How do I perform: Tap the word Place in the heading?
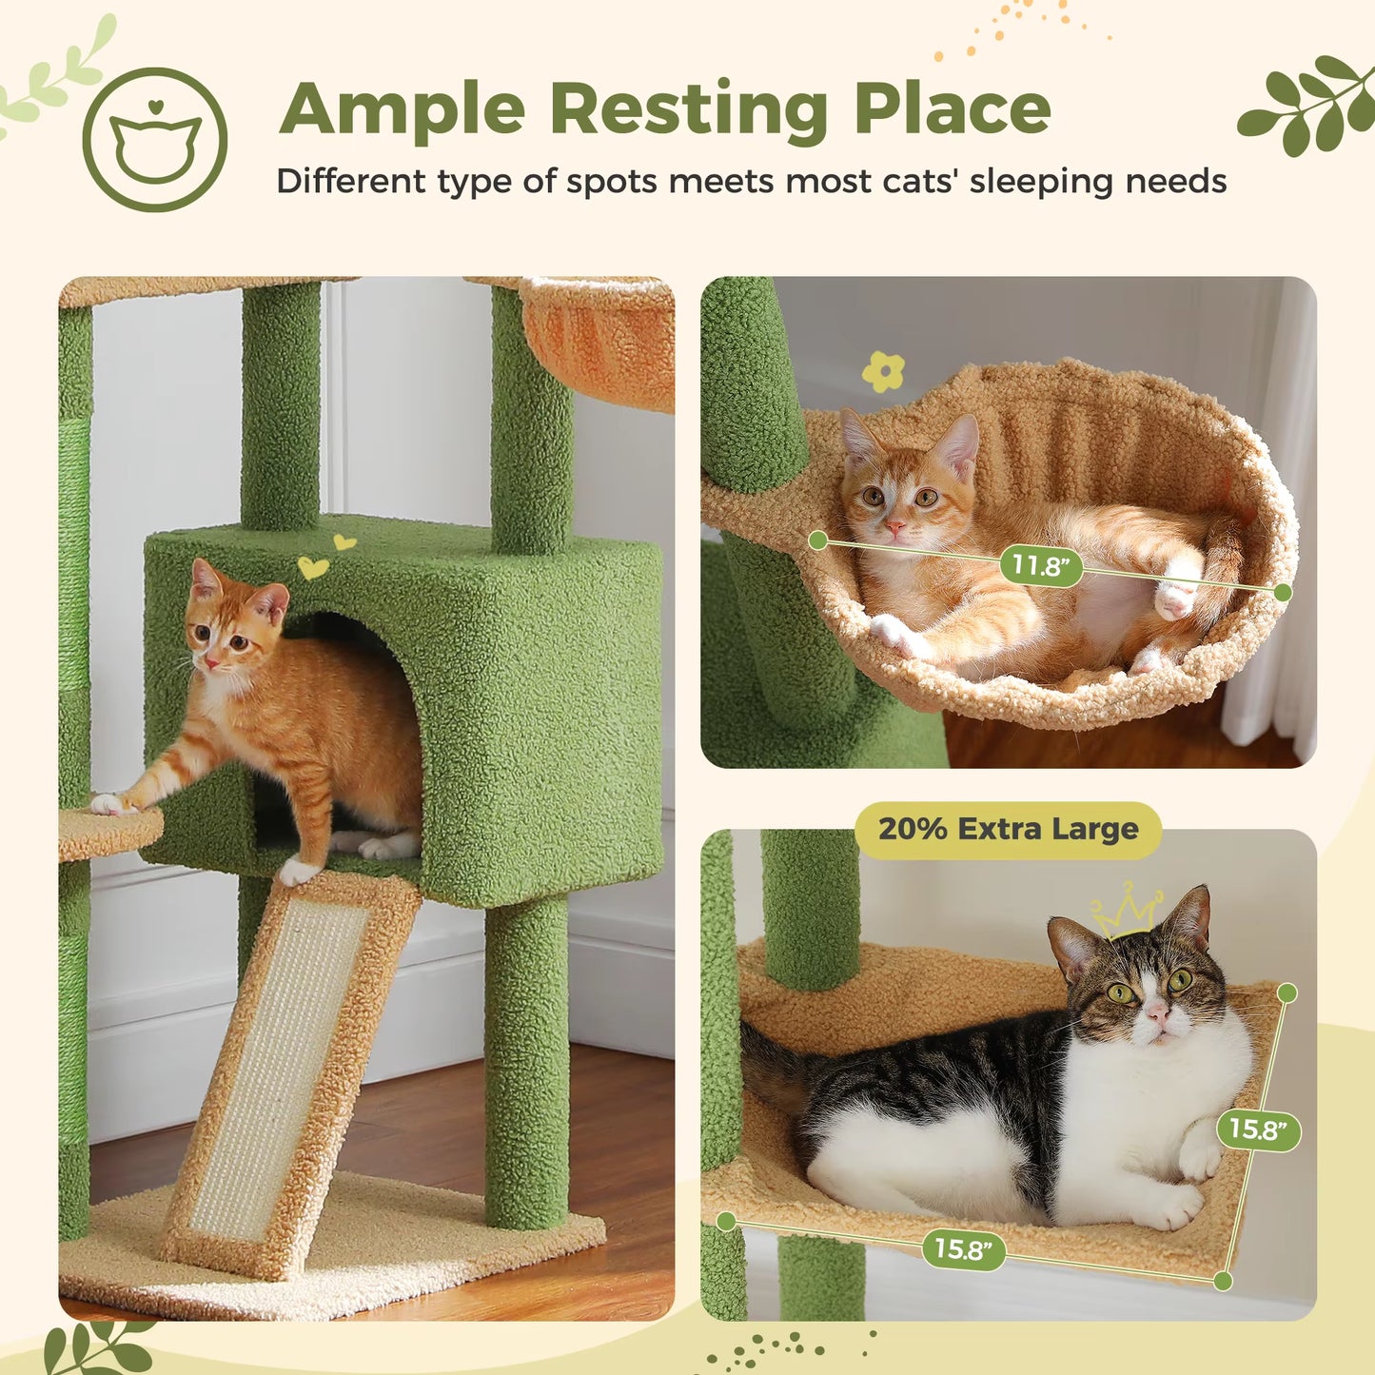(x=952, y=109)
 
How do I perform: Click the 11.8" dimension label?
(x=1041, y=566)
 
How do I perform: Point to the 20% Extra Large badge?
(x=1008, y=830)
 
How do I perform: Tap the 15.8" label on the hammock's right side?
(x=1257, y=1129)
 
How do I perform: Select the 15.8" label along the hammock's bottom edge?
(x=963, y=1248)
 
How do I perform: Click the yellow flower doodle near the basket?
(x=883, y=371)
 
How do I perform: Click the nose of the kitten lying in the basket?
(x=895, y=525)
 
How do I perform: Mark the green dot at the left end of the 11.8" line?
(x=817, y=540)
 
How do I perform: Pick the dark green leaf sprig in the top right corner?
(x=1308, y=105)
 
